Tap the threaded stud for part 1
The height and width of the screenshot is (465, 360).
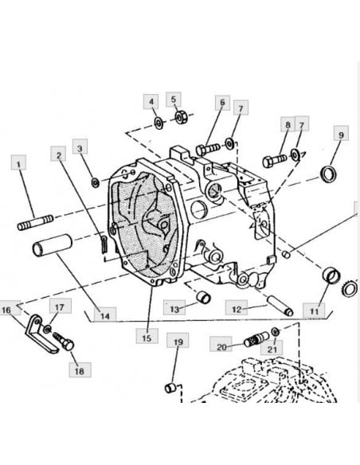pos(36,222)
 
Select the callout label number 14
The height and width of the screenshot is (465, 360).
pos(105,315)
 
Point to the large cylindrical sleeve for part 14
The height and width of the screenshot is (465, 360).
pos(53,245)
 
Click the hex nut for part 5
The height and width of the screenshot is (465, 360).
pos(181,117)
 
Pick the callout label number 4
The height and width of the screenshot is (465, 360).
pos(151,102)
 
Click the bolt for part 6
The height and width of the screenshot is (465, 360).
pos(208,149)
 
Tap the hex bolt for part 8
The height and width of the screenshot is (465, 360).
pos(274,160)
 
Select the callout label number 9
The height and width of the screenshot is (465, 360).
pos(341,134)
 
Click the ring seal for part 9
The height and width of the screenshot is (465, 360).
pos(329,174)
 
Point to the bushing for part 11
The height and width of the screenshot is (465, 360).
pos(331,275)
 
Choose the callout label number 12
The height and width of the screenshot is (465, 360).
pos(237,308)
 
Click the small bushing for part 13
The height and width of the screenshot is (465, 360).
pos(204,298)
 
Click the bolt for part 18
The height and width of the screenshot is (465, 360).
pos(64,341)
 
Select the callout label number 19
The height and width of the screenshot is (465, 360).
pos(178,341)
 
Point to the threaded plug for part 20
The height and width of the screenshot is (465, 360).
pos(256,338)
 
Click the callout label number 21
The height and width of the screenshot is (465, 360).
pos(272,348)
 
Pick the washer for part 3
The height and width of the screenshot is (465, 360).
pos(96,182)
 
